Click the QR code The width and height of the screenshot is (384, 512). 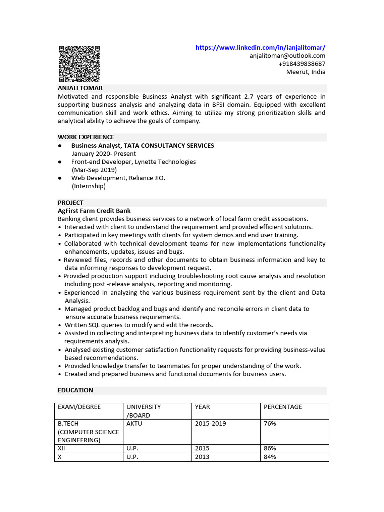pos(79,64)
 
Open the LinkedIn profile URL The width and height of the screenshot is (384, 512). pos(260,48)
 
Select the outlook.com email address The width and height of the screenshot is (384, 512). pos(287,56)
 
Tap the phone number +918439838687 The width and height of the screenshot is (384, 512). pos(302,64)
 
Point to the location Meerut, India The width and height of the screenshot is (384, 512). pos(305,72)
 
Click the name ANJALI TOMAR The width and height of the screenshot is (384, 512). pos(80,88)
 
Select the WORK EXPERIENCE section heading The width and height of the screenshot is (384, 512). pos(86,137)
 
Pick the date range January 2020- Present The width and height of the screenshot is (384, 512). pos(104,154)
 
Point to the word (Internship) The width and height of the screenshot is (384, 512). pos(89,186)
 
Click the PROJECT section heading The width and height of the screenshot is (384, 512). pos(71,203)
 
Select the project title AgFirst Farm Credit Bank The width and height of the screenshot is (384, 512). pos(94,211)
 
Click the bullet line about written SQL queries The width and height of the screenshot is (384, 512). pos(139,325)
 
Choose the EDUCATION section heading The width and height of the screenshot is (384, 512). pos(75,390)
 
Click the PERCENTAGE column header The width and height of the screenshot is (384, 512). pos(283,407)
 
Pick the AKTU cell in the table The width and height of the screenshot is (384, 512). pos(134,424)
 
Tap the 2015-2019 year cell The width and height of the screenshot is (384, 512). pos(210,424)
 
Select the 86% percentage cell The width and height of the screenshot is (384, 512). pos(270,449)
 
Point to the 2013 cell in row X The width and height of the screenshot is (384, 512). pos(202,457)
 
